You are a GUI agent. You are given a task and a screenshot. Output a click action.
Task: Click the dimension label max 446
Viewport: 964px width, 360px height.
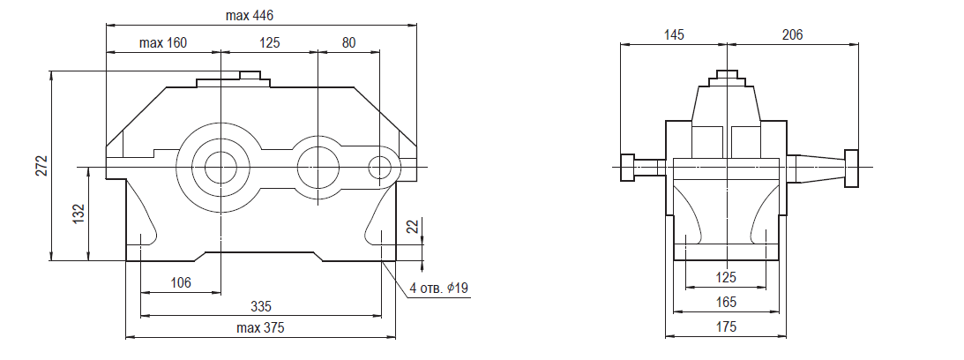click(x=249, y=15)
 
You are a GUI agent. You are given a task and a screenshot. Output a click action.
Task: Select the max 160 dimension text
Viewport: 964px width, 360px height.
click(x=163, y=43)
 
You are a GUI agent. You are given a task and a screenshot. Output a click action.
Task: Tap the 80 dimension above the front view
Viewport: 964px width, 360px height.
click(x=348, y=43)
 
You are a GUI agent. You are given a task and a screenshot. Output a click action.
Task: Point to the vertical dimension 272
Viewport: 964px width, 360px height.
click(x=41, y=166)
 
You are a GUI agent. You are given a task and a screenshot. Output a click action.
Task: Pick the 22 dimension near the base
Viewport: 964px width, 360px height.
click(x=413, y=227)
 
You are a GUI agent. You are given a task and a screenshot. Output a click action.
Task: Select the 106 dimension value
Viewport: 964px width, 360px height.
click(x=181, y=283)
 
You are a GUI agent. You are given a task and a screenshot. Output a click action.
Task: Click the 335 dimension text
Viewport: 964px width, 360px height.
click(x=261, y=306)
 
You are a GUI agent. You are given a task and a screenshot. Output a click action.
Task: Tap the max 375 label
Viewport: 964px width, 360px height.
click(x=261, y=328)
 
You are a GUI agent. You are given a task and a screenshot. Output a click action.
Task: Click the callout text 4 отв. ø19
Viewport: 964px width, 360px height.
click(x=439, y=288)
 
